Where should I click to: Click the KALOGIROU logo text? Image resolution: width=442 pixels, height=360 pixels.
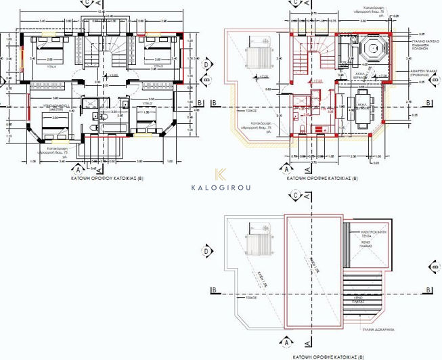(221, 187)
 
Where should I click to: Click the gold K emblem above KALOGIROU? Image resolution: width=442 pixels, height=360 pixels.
(221, 174)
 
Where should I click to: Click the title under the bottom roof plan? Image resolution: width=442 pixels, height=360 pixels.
(328, 355)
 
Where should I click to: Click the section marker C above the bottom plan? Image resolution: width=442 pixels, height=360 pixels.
(296, 195)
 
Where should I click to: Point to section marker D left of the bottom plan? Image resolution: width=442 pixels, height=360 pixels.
(206, 252)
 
